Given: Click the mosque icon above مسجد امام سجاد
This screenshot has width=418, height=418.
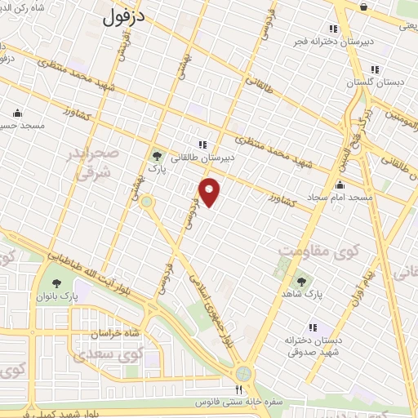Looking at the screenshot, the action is (x=340, y=185).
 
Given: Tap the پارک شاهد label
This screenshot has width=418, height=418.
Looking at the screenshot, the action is (x=303, y=291).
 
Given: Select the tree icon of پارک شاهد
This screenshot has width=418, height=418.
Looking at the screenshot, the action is (x=302, y=280).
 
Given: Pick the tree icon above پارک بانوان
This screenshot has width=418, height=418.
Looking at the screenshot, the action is (x=56, y=284).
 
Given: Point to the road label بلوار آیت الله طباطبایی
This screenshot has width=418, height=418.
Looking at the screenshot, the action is (x=94, y=267).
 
